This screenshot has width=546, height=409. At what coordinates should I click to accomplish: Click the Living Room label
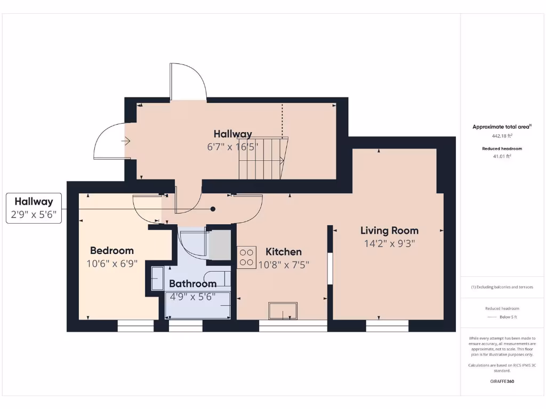point(389,231)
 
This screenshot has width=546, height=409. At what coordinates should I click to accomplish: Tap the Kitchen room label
point(284,252)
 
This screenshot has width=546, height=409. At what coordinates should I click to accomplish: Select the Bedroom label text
point(112,250)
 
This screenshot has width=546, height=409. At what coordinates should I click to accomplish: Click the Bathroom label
point(192,284)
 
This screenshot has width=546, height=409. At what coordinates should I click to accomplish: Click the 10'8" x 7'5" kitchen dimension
point(284,264)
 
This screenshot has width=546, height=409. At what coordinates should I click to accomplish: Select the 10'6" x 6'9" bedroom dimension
point(112,263)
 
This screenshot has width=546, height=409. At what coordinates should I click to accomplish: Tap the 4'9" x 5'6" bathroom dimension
point(192,297)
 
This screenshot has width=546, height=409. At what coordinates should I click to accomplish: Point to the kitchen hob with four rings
point(246,257)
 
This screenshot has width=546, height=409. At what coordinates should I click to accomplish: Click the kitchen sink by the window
point(283,311)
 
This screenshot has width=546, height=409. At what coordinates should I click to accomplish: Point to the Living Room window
point(387,325)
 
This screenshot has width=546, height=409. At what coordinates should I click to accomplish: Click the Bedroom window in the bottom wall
point(135,325)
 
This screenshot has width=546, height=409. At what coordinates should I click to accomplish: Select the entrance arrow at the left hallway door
point(126,141)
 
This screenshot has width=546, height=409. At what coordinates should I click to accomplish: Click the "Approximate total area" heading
point(501,127)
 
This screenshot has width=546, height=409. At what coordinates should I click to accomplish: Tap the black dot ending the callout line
point(213,209)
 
